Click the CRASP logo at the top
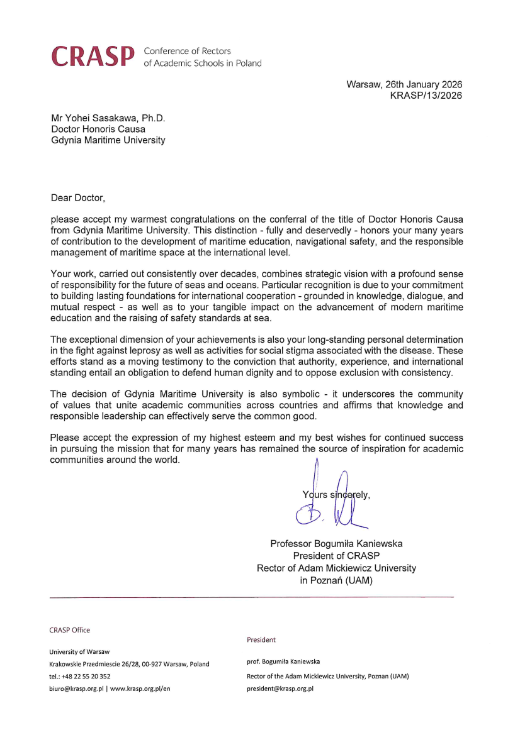coord(93,57)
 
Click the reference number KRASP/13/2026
coord(426,96)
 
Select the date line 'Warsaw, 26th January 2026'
coord(404,85)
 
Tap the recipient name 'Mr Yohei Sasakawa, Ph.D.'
coord(108,118)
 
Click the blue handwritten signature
coord(331,503)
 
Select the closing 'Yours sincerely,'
coord(336,494)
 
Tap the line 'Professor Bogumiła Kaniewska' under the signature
coord(336,543)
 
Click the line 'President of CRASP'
coord(336,556)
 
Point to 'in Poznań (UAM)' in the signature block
coord(336,580)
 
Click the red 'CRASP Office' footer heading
coord(69,630)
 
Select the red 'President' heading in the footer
coord(261,639)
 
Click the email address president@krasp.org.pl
coord(280,688)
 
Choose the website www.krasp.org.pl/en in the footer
coord(140,688)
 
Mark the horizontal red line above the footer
coord(251,597)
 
